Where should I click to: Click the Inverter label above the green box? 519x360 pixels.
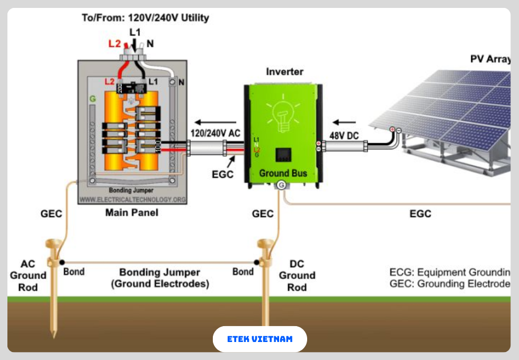284,71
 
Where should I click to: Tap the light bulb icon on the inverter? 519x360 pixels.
283,112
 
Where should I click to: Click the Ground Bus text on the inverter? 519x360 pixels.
283,173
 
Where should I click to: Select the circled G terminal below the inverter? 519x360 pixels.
281,185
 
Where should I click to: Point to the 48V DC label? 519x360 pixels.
344,136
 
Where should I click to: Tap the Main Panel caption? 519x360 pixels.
132,213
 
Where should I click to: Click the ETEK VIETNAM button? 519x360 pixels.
259,339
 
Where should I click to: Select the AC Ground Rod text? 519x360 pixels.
28,275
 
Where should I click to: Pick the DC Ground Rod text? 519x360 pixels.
297,275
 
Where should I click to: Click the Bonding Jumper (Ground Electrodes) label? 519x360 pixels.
159,278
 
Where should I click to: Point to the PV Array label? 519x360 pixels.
490,59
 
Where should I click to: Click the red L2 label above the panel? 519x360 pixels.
114,44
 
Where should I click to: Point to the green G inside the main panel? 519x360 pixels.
93,99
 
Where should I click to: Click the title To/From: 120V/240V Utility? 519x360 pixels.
145,17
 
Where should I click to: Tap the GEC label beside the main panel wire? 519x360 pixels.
51,214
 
